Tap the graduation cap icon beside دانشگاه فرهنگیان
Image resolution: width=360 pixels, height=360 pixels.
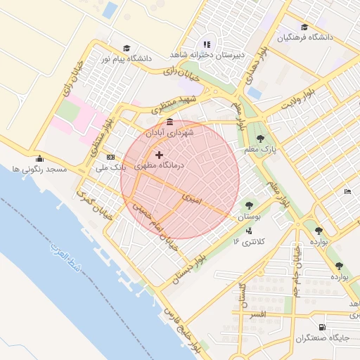coord(304,26)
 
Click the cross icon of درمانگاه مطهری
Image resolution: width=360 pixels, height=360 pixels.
coord(159,155)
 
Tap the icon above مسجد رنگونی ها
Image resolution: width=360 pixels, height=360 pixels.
coord(39,158)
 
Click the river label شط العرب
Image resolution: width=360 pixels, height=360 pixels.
coord(67,259)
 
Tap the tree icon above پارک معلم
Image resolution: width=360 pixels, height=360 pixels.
coord(261,139)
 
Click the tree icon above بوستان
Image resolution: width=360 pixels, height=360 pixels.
coord(247,206)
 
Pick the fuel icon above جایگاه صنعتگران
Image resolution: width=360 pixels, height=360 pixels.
coord(322,327)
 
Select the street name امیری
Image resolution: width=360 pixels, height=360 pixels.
coord(191,199)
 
